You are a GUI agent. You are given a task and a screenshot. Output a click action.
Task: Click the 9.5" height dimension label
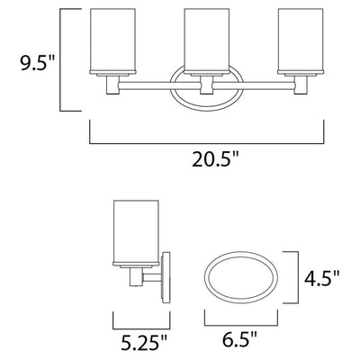[x=38, y=63]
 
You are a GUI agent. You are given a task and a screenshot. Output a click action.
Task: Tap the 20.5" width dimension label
[x=216, y=159]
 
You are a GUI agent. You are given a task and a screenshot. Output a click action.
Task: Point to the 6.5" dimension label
[x=239, y=337]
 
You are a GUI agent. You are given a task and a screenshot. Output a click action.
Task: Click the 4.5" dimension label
[x=322, y=278]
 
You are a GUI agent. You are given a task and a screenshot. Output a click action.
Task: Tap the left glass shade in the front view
[x=112, y=41]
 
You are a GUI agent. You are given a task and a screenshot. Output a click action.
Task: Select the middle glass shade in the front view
[x=207, y=41]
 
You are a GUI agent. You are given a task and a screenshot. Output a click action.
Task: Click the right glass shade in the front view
[x=301, y=41]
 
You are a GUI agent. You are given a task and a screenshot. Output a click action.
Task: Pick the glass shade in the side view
[x=136, y=233]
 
